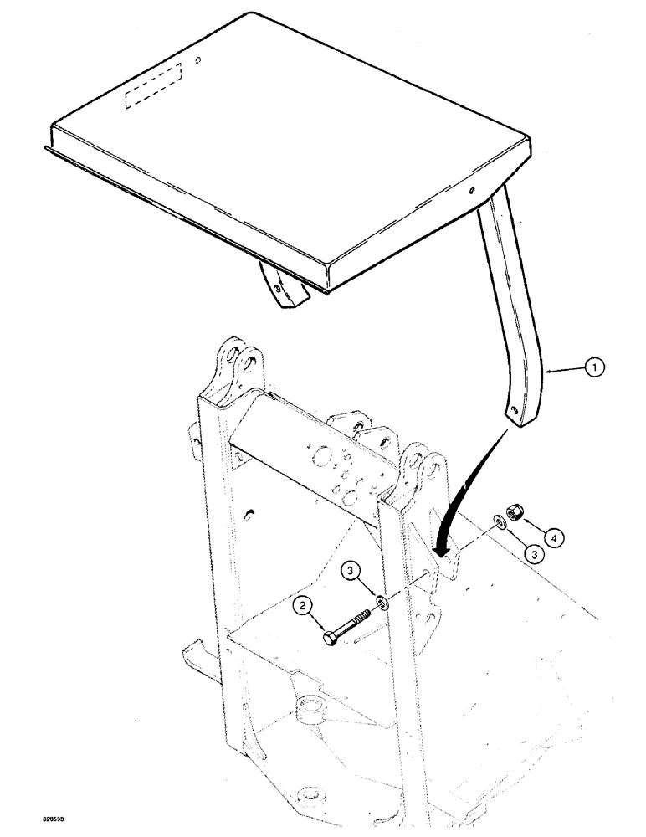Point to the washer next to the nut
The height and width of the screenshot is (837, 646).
[497, 521]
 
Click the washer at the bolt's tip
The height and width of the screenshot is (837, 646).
[382, 600]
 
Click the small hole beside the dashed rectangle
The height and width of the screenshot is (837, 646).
[197, 59]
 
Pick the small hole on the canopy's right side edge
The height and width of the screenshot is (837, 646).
[474, 189]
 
